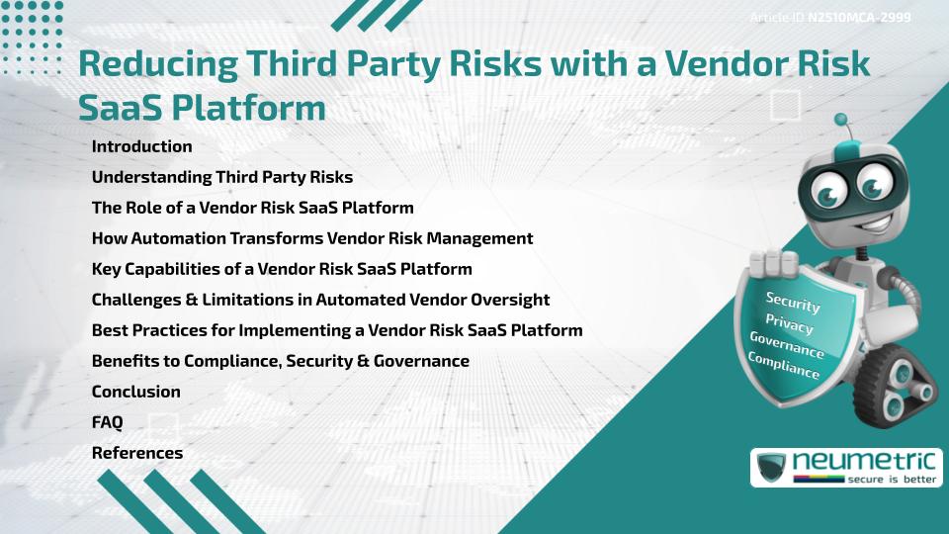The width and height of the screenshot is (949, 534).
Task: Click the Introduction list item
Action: point(141,146)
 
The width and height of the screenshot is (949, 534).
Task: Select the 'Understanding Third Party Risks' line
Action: point(222,177)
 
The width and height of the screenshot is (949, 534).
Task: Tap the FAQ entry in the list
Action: point(107,422)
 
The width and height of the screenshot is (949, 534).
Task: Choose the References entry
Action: point(136,453)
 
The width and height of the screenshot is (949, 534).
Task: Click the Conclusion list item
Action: point(135,392)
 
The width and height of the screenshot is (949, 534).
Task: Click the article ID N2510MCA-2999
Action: point(859,18)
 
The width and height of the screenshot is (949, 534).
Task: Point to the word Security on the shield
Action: point(793,302)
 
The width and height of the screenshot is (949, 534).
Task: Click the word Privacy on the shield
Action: point(789,324)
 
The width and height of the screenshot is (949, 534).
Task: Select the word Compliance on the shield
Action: point(783,366)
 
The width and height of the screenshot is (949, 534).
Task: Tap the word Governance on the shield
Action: point(787,344)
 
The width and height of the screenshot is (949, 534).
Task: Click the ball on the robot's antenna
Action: point(840,120)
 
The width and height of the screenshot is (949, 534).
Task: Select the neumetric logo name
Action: point(864,462)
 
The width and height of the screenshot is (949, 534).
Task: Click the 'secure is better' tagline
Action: point(892,479)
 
